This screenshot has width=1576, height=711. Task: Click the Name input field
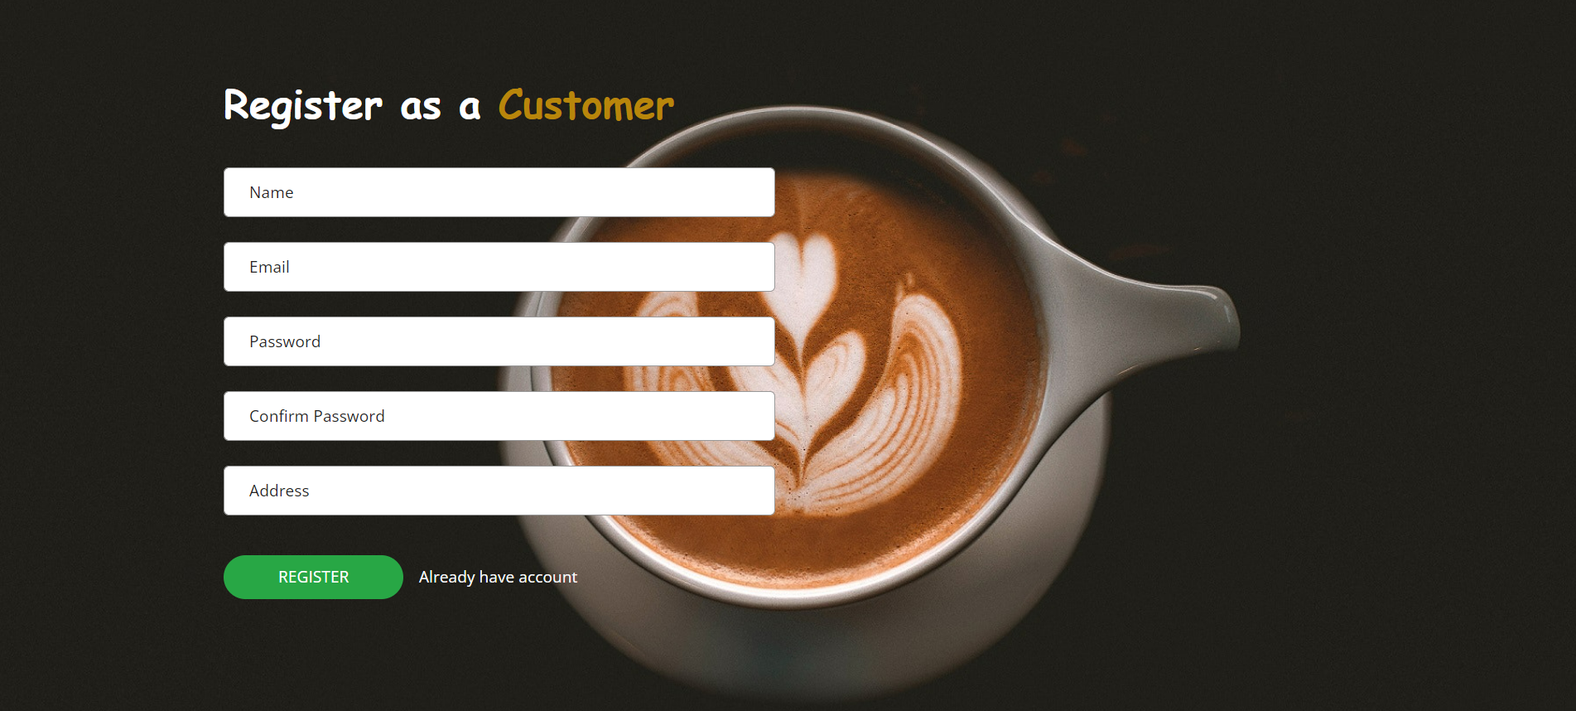[499, 192]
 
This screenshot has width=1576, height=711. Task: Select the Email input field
[499, 267]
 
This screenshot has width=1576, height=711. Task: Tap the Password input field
[499, 341]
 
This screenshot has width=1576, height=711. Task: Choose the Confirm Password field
[499, 416]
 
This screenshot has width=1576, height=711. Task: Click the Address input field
[499, 491]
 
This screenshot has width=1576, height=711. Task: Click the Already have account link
[498, 578]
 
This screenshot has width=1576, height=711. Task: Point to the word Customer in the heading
[586, 105]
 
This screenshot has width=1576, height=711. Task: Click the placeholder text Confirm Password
[317, 416]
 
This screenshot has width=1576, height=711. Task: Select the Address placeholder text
[279, 491]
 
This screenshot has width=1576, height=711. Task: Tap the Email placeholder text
[269, 267]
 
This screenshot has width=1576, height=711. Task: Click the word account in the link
[548, 578]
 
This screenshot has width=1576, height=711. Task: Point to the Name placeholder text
[272, 192]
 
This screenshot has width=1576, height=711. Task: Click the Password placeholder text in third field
[285, 341]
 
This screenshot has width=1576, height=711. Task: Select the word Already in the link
[447, 578]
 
